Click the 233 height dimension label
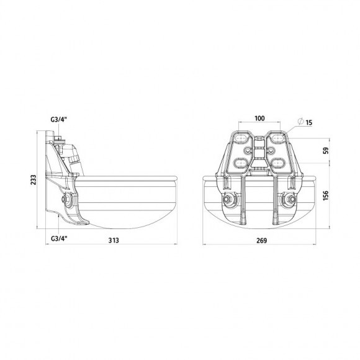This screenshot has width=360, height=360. point(34,180)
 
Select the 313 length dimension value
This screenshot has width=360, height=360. point(114,240)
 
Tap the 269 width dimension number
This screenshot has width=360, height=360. point(262,240)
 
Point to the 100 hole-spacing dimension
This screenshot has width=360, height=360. point(259,118)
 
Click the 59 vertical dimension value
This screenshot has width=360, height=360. point(326,150)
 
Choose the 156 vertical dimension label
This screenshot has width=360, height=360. point(326,196)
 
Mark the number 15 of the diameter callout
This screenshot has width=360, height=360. point(309,122)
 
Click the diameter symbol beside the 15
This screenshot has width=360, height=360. point(300,121)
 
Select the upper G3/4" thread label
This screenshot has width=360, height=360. point(59,119)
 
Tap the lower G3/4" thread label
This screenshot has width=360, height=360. point(59,238)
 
